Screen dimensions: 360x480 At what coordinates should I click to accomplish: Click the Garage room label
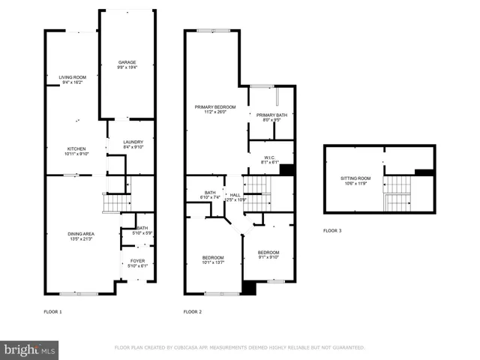point(127,64)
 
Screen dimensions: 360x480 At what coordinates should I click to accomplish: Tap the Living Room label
point(73,78)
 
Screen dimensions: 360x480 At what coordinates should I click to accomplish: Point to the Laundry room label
point(133,144)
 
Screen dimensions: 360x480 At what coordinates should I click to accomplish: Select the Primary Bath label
point(271,116)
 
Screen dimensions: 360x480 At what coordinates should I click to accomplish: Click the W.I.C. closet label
point(269,159)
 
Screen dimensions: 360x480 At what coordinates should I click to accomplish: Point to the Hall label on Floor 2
point(235,195)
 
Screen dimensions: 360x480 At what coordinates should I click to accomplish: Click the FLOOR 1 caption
point(52,311)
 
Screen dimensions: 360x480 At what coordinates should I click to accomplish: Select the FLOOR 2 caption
point(193,311)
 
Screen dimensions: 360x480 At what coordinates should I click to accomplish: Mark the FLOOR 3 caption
point(331,230)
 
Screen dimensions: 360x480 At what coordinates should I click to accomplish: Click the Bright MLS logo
point(30,349)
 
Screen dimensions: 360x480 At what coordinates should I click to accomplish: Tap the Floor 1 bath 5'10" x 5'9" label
point(142,229)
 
